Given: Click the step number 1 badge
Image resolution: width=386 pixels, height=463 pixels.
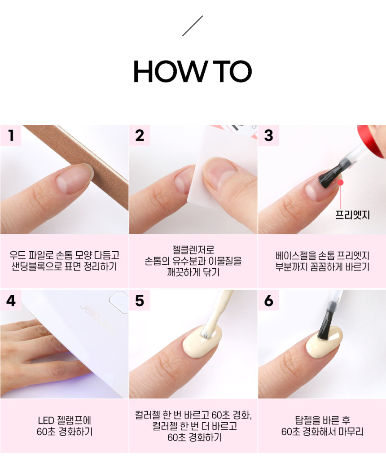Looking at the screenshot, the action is [x=11, y=135].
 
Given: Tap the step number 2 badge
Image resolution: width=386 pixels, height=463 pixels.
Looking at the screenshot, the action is [x=140, y=135].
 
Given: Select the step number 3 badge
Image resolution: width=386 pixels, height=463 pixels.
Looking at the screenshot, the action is [x=268, y=135].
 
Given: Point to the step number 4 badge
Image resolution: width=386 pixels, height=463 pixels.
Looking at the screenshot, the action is [x=11, y=300].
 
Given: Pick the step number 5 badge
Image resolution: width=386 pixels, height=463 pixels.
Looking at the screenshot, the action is [x=140, y=300].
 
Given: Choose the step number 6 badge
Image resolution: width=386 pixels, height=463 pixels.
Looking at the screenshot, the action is [x=268, y=300].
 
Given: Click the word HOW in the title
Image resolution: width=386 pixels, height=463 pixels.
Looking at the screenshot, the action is [x=171, y=71].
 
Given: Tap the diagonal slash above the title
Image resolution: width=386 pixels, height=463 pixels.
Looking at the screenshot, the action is [x=193, y=26].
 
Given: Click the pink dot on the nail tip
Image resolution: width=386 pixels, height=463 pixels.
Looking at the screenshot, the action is [x=341, y=183].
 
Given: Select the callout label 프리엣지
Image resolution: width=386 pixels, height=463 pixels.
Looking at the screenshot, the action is [x=352, y=214].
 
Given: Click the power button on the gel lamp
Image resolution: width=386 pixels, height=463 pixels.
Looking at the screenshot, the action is [x=119, y=301].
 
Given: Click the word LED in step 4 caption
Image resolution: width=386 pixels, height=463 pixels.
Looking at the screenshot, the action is [x=46, y=420].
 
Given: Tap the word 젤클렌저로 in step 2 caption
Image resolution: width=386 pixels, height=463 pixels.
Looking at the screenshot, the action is [x=193, y=249].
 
